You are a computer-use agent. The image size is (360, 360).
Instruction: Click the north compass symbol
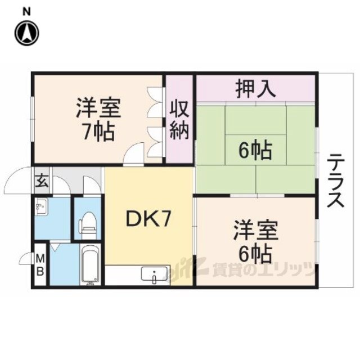(x=26, y=33)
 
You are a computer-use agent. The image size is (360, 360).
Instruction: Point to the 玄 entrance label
(x=42, y=181)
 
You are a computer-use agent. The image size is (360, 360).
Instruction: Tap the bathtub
(x=89, y=265)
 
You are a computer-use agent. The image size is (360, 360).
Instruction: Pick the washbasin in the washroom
(x=41, y=208)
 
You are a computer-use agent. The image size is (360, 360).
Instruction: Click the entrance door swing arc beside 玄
(x=18, y=181)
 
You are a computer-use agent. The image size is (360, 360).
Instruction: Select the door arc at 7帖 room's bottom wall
(x=134, y=154)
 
